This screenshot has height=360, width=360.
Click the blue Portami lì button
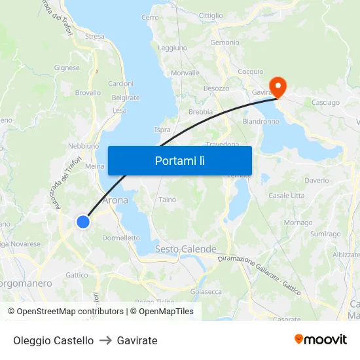tap(179, 160)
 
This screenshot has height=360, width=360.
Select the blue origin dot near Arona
tap(83, 222)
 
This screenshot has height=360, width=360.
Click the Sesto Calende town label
tap(185, 249)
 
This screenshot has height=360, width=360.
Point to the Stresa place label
tap(94, 37)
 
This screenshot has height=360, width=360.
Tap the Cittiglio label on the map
tap(210, 15)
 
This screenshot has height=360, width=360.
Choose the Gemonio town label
tap(225, 43)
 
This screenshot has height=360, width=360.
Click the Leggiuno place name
tap(172, 48)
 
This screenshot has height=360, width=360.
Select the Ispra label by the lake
tap(162, 130)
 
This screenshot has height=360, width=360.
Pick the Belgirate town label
tap(126, 98)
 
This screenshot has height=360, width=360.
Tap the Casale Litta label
tap(286, 195)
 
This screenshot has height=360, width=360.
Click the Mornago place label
tap(298, 223)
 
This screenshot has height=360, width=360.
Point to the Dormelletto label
tap(121, 238)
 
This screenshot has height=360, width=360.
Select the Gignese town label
tap(67, 67)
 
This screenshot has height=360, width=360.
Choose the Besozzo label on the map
tap(216, 88)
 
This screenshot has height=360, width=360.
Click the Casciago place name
tap(325, 103)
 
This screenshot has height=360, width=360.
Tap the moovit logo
tap(321, 340)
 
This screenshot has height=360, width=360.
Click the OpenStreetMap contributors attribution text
tap(70, 312)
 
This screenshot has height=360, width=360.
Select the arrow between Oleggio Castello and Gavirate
tap(105, 340)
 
